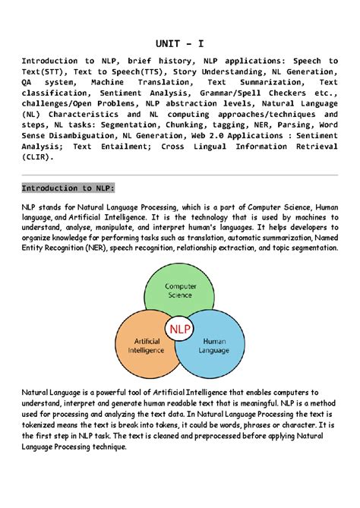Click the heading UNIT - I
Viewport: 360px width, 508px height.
click(x=180, y=44)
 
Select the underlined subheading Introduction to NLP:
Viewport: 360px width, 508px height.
click(x=68, y=188)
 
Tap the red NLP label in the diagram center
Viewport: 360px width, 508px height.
click(x=180, y=329)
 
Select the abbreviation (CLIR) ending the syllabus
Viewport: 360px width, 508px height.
click(x=37, y=158)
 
